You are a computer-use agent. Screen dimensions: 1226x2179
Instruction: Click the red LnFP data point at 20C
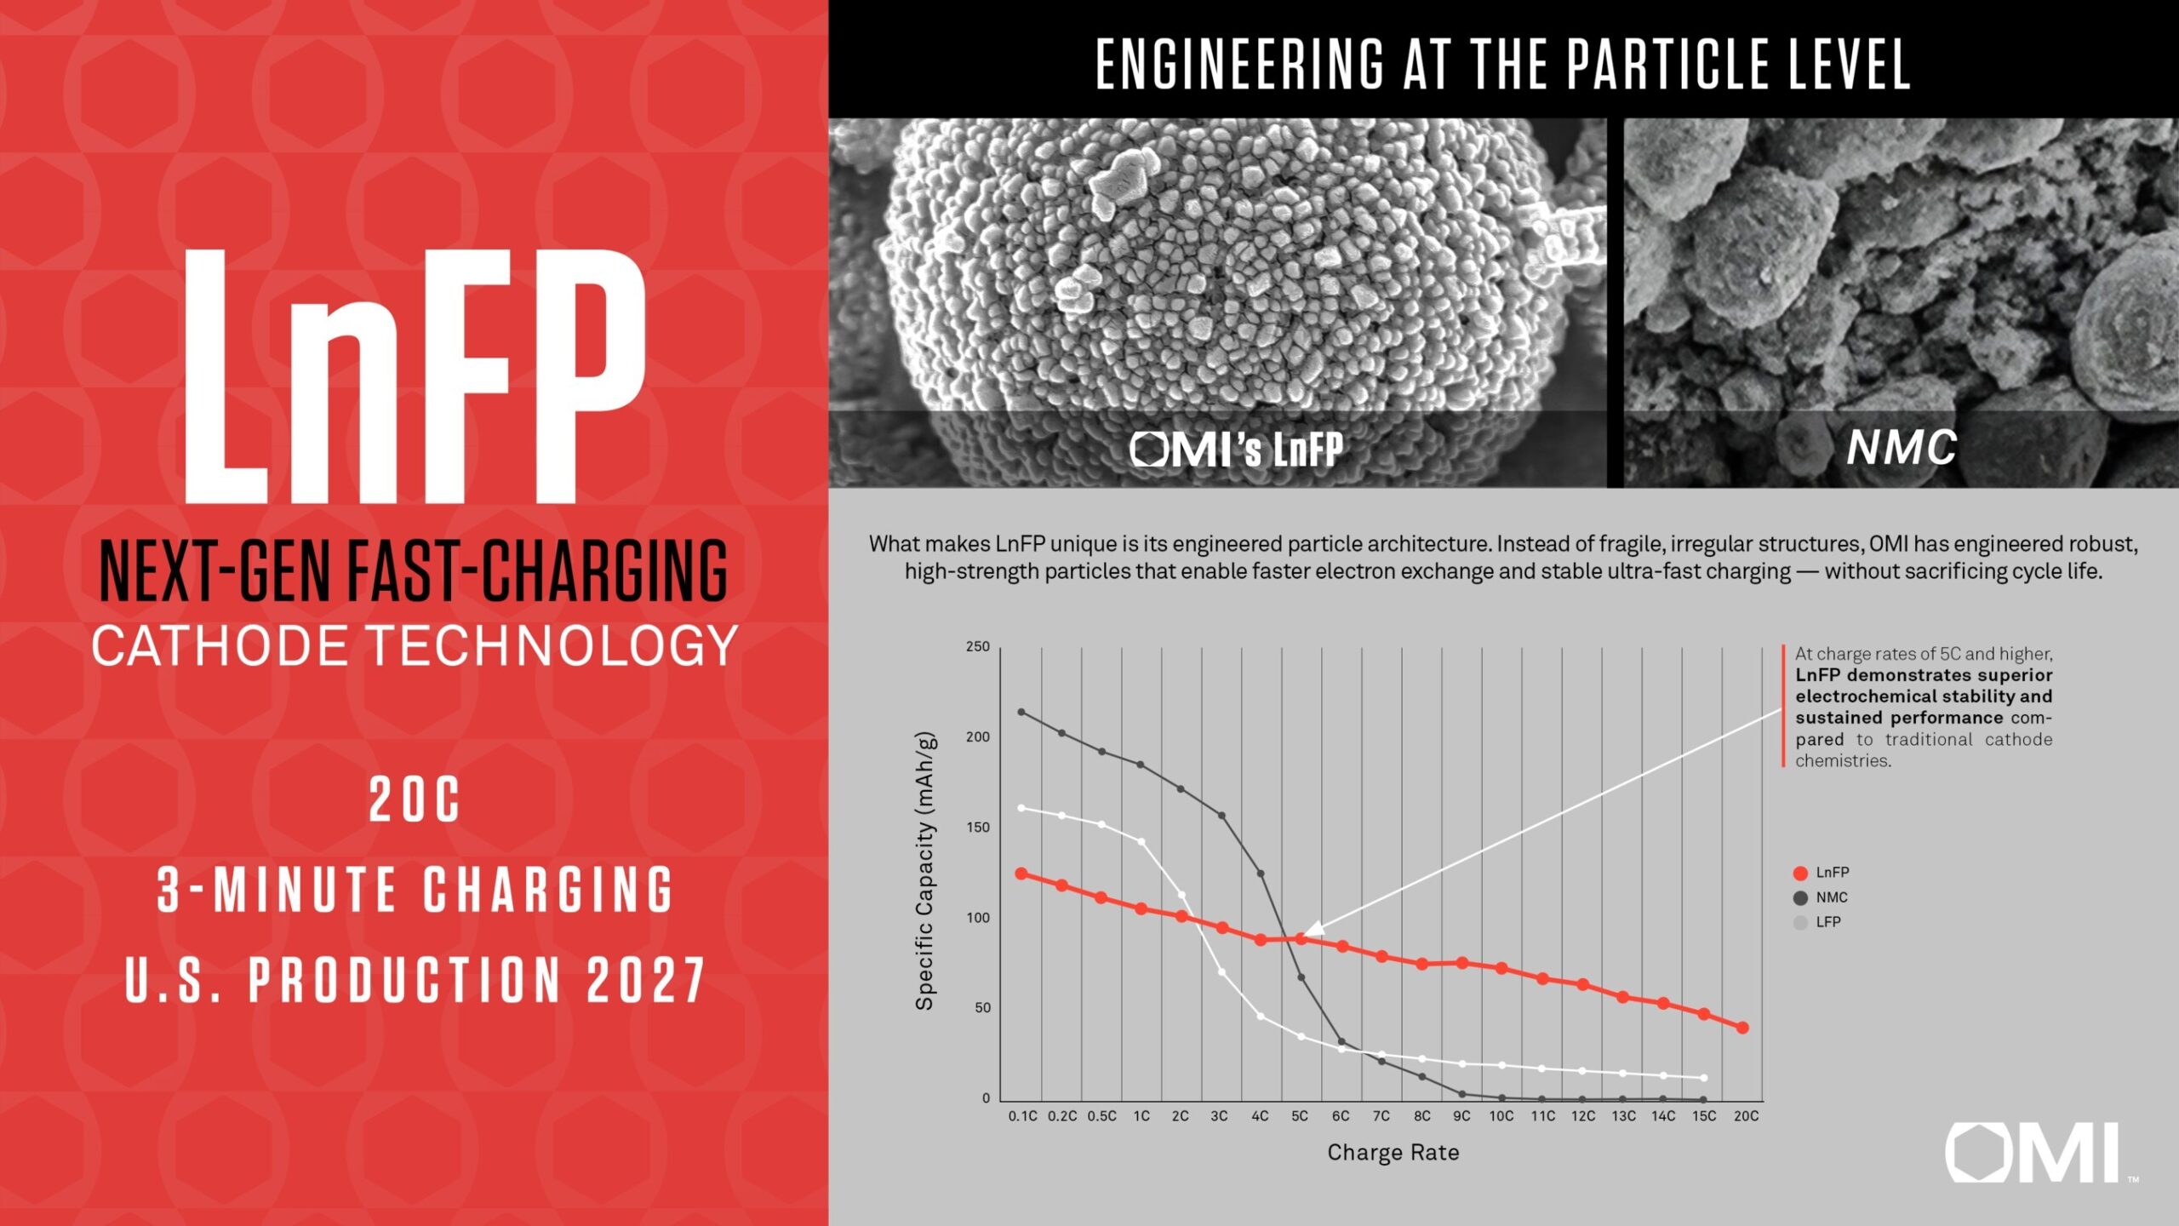coord(1741,1028)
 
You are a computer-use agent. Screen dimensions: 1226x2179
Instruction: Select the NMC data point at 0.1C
coord(1021,712)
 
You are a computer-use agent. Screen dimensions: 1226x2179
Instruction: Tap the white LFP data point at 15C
coord(1703,1078)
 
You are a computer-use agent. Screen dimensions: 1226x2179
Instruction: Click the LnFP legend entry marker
coord(1800,873)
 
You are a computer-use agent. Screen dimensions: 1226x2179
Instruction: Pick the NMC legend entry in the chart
coord(1822,897)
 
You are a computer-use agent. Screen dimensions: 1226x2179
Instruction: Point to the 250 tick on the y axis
coord(978,647)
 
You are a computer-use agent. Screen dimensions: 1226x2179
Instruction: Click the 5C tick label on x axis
coord(1300,1116)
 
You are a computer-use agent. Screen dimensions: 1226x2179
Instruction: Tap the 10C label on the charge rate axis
coord(1501,1116)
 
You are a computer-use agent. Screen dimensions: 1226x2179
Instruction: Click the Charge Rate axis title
coord(1393,1153)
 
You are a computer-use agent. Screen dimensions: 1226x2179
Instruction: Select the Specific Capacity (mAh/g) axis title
coord(925,871)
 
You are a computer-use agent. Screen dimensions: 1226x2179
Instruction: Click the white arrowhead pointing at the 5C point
coord(1313,928)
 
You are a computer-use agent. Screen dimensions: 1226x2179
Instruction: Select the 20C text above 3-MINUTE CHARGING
coord(415,800)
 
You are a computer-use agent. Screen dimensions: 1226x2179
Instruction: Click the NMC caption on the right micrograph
coord(1902,448)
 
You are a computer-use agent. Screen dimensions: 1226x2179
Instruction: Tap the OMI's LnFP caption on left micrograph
coord(1237,450)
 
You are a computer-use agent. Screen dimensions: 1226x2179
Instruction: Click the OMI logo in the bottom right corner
coord(2034,1153)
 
